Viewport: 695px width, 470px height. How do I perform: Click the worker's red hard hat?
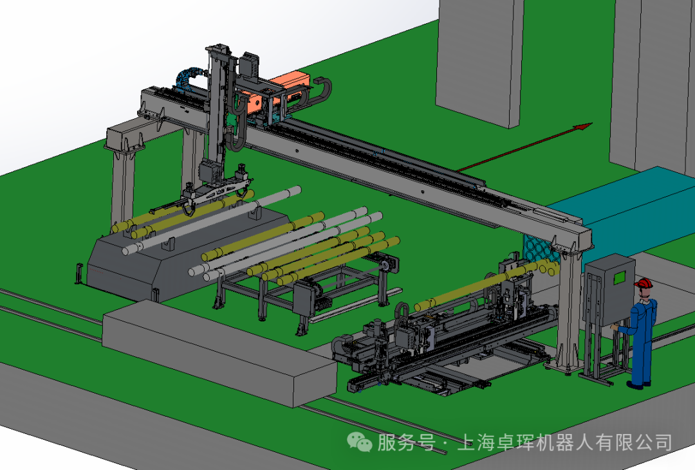coord(644,283)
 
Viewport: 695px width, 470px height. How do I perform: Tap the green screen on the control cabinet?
coord(620,278)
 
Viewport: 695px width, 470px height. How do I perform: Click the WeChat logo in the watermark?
coord(360,442)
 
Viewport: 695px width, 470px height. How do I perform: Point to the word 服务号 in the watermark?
coord(405,442)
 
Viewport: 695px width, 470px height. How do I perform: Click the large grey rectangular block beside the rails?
coord(219,353)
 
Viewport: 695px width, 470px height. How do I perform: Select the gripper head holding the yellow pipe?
coord(218,188)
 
